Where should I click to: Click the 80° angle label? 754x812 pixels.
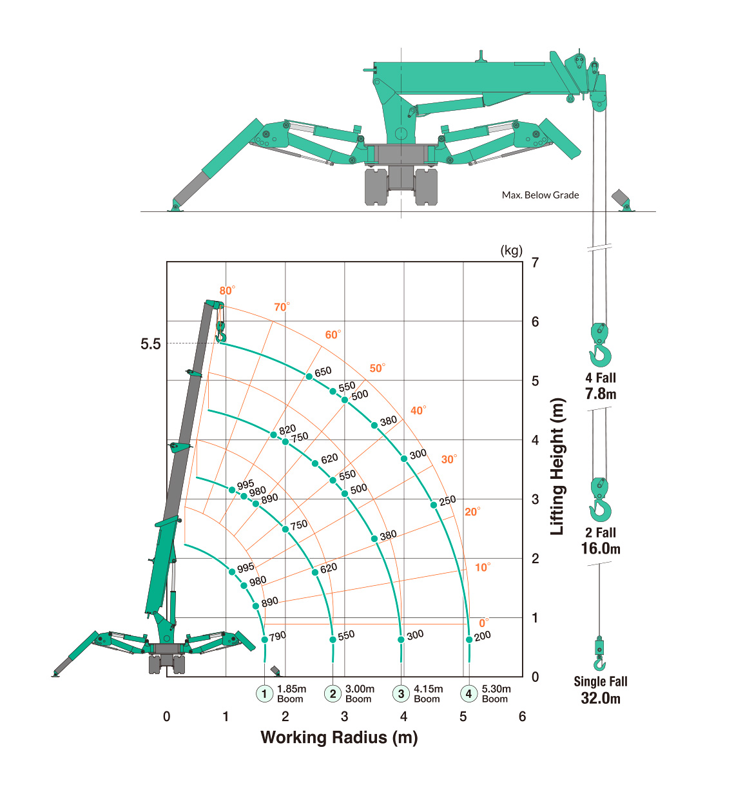(227, 290)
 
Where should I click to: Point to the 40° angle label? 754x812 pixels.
(418, 410)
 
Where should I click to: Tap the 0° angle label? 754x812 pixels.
(484, 623)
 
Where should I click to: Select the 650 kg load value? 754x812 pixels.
(323, 372)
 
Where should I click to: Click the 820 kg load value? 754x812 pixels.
(287, 429)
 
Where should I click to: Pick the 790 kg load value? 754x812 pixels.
(278, 636)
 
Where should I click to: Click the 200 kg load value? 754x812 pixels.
(483, 636)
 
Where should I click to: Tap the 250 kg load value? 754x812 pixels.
(447, 501)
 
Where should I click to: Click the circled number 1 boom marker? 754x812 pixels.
(265, 693)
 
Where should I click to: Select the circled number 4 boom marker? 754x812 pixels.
(469, 693)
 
